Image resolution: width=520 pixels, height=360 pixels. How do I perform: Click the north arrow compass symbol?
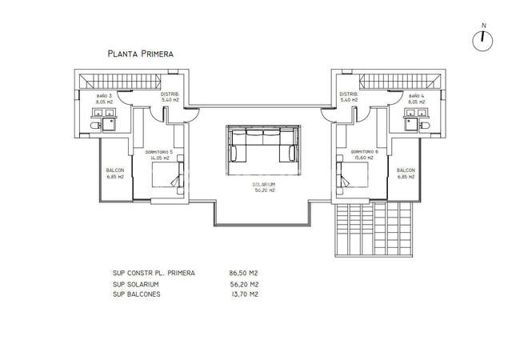(x=483, y=40)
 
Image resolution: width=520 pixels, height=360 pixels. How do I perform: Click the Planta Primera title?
(x=140, y=54)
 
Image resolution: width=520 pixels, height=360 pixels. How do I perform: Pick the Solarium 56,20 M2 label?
(x=265, y=188)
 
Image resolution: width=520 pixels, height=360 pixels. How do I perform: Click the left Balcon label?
(x=114, y=173)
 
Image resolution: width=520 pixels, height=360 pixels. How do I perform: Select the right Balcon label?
(x=406, y=173)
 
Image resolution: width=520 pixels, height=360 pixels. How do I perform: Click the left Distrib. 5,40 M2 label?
(x=170, y=97)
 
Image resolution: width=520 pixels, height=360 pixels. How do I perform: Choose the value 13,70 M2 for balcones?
(x=243, y=294)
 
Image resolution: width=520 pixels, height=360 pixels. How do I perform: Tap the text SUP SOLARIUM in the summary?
(x=137, y=284)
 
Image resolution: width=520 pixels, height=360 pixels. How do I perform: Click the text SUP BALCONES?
(x=138, y=294)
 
